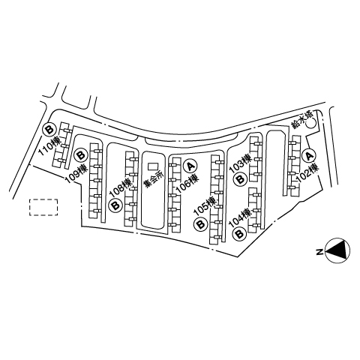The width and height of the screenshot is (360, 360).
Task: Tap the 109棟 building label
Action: pyautogui.click(x=76, y=173)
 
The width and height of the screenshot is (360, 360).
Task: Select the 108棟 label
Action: pyautogui.click(x=121, y=187)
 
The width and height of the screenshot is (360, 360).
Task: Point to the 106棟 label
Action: pyautogui.click(x=187, y=183)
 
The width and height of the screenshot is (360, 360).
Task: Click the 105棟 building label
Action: pyautogui.click(x=205, y=206)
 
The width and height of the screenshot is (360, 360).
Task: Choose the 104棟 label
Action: pyautogui.click(x=240, y=217)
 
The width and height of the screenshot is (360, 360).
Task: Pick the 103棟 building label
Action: pyautogui.click(x=240, y=163)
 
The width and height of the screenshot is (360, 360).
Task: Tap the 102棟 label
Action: pyautogui.click(x=307, y=172)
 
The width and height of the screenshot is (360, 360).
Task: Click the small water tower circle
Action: pyautogui.click(x=311, y=123)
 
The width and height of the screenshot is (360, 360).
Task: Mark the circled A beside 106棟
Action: pyautogui.click(x=190, y=166)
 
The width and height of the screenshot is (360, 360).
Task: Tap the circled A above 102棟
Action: pyautogui.click(x=309, y=155)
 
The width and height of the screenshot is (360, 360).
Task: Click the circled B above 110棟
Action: pyautogui.click(x=49, y=130)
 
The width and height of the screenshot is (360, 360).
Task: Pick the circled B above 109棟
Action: pyautogui.click(x=81, y=155)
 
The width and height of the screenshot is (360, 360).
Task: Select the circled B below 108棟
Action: pyautogui.click(x=115, y=205)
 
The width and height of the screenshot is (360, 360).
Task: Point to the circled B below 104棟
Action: pyautogui.click(x=239, y=234)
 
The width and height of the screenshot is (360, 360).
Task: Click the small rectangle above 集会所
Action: pyautogui.click(x=153, y=166)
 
